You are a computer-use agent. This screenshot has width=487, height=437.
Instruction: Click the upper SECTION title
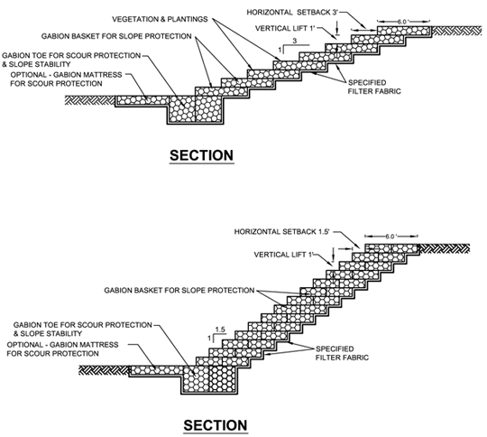[x=202, y=155]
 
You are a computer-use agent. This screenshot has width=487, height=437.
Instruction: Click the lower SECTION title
[x=216, y=425]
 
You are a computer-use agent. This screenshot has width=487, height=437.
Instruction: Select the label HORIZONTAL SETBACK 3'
[x=292, y=13]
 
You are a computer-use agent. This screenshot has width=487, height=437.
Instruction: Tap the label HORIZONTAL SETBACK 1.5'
[x=281, y=232]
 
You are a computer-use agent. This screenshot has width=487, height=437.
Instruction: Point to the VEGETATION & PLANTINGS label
[x=160, y=19]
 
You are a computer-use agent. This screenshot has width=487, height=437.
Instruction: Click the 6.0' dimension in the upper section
[x=403, y=22]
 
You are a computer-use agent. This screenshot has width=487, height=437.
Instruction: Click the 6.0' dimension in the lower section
[x=391, y=237]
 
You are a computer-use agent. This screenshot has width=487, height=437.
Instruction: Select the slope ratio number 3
[x=295, y=41]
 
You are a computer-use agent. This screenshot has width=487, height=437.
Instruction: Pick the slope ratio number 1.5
[x=220, y=330]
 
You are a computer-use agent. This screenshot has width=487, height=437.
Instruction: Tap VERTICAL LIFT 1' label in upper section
[x=285, y=29]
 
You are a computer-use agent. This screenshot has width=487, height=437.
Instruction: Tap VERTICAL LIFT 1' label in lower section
[x=284, y=255]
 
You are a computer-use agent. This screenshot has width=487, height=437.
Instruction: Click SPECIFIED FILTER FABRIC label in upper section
[x=374, y=87]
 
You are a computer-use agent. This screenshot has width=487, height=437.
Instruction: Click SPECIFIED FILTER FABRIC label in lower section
[x=342, y=353]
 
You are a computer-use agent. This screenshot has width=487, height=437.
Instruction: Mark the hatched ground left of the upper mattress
[x=90, y=100]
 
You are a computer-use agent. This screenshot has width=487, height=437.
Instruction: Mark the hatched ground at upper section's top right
[x=457, y=31]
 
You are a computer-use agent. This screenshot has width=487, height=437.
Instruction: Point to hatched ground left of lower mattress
[x=104, y=370]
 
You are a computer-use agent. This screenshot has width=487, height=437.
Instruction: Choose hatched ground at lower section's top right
[x=445, y=248]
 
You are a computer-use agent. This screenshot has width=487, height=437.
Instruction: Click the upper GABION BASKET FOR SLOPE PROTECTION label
[x=116, y=36]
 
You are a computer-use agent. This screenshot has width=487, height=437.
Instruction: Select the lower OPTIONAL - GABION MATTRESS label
[x=62, y=345]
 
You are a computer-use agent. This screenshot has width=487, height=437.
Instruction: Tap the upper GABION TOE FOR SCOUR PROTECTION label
[x=71, y=56]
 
